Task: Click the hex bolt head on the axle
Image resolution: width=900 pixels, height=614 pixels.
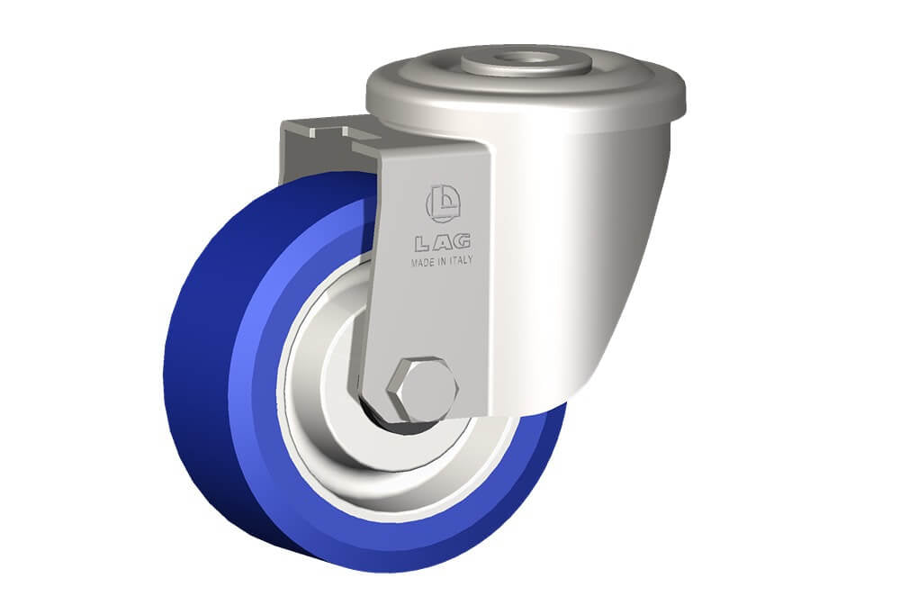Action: [x=423, y=388]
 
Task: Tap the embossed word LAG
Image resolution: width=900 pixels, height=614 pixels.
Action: [x=443, y=243]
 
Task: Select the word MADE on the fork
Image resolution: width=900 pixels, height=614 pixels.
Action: [x=423, y=263]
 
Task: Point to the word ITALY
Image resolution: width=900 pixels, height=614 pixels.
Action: [x=461, y=259]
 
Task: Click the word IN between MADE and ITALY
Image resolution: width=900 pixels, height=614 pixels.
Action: [x=443, y=261]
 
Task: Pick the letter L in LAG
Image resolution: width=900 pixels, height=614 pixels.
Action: [x=422, y=245]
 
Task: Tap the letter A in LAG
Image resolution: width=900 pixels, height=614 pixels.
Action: [x=441, y=243]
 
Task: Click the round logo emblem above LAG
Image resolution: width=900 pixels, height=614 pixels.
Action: [x=443, y=203]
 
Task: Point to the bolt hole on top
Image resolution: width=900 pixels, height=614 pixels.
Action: [x=526, y=58]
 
